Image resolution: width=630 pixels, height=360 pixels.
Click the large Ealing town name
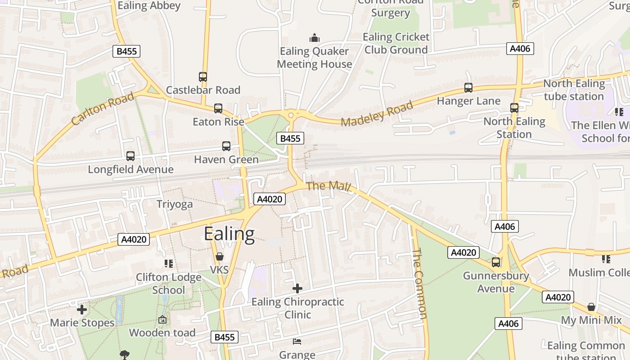(x=229, y=234)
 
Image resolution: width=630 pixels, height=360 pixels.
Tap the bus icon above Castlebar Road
(x=203, y=77)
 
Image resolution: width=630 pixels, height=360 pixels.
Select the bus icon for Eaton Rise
(x=218, y=108)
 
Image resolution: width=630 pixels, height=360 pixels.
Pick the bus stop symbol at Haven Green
(x=226, y=146)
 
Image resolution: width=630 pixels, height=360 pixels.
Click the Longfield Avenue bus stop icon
(x=130, y=156)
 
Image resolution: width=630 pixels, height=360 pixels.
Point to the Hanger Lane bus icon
(x=468, y=88)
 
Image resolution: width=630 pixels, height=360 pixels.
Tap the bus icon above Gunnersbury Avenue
(x=496, y=262)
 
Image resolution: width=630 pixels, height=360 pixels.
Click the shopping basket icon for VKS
(x=220, y=257)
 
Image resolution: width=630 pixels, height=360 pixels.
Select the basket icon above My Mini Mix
(x=591, y=307)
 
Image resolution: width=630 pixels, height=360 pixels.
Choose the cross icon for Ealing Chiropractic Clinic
(x=297, y=288)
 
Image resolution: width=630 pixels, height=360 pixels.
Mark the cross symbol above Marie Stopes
(x=82, y=310)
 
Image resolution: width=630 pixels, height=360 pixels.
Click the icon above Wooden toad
(x=162, y=320)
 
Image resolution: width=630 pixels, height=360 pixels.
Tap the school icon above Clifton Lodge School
(x=169, y=263)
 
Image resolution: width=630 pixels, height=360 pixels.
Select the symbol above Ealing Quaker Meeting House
(x=314, y=38)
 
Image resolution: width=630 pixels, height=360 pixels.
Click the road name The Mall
(x=328, y=186)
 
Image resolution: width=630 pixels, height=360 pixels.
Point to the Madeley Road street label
(x=377, y=114)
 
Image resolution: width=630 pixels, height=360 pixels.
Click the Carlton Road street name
(x=103, y=108)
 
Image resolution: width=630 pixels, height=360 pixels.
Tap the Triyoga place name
(x=175, y=204)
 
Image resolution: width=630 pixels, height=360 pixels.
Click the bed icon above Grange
(x=297, y=341)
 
